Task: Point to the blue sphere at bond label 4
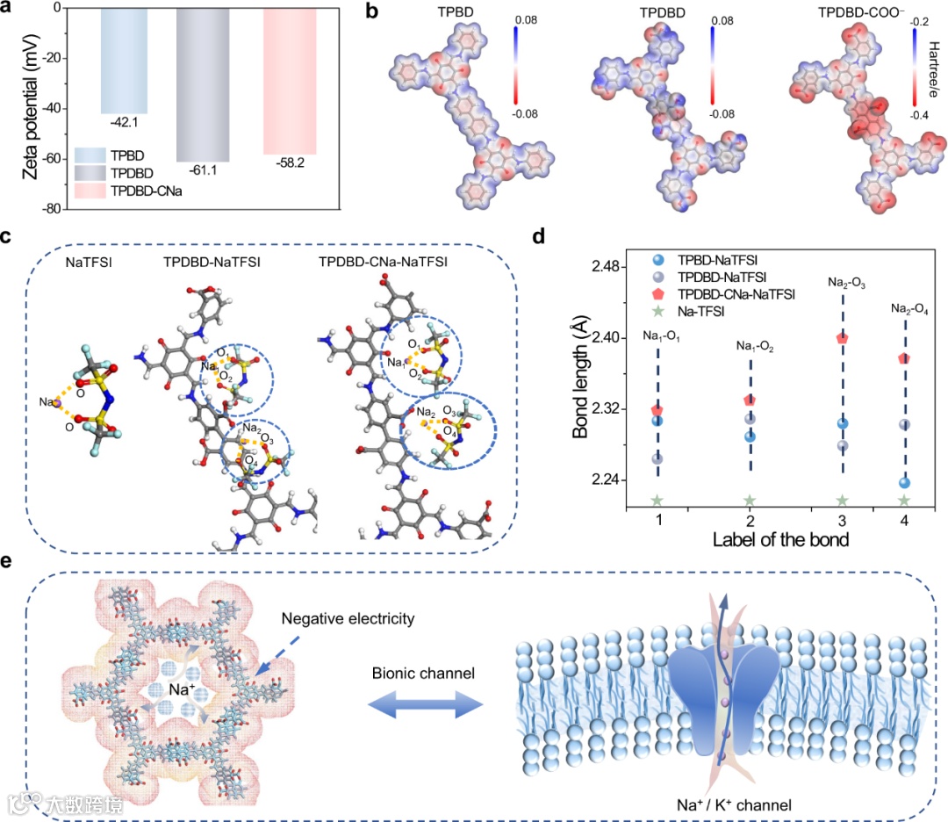(904, 482)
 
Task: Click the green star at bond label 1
(657, 501)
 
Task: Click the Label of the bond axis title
(781, 540)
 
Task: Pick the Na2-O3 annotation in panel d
(843, 283)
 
